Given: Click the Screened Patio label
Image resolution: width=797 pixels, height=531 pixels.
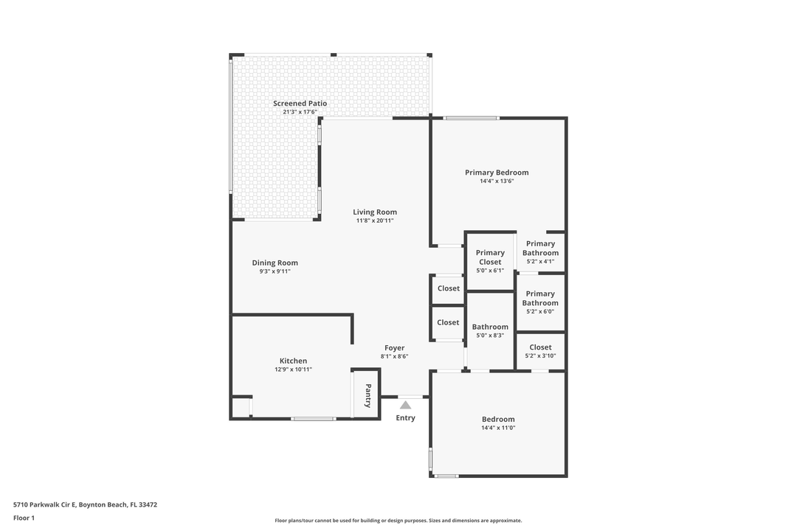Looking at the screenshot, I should point(300,103).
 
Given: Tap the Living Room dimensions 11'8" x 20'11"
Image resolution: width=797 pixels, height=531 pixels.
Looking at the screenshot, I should point(375,221).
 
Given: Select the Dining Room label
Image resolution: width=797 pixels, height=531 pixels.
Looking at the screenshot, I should point(275,263).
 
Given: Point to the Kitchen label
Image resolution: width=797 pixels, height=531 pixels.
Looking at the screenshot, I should point(293,361).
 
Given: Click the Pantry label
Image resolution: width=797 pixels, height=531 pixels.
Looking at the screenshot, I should point(368,395).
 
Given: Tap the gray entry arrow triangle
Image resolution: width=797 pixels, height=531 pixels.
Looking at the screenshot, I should point(405,404).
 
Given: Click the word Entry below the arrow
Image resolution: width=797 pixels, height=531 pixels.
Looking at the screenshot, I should point(405,417).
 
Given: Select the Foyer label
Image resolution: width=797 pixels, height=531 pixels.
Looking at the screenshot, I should point(394,348).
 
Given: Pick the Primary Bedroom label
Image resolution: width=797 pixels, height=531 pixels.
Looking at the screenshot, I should point(497,173).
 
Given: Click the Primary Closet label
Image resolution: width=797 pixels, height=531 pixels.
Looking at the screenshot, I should point(490,257).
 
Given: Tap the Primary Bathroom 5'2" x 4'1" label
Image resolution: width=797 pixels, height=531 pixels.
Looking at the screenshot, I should point(540,252).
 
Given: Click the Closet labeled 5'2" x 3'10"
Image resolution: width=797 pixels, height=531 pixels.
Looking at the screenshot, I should point(540,351).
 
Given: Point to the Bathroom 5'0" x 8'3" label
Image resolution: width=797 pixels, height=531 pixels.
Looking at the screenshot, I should point(490,331).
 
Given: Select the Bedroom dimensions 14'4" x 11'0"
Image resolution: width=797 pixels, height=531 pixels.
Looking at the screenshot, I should point(498,428).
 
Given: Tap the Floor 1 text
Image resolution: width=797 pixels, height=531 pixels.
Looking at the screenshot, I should point(24,518).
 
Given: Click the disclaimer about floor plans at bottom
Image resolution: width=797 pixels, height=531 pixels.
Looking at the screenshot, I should point(398,521).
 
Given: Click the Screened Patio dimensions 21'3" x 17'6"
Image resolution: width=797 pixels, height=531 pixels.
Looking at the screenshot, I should point(300,112).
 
